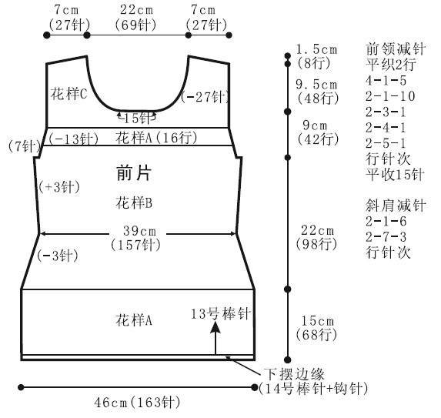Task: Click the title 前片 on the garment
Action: coord(134,172)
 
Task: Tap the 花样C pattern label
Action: coord(69,93)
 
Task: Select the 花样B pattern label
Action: coord(134,202)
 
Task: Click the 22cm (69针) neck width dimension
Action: coord(135,18)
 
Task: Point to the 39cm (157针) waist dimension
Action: coord(135,238)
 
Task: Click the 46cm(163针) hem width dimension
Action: coord(137,403)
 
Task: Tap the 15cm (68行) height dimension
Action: coord(316,328)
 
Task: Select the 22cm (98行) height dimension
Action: coord(316,237)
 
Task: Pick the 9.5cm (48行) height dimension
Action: coord(317,92)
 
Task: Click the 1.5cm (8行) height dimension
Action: coord(316,56)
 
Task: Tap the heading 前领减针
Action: coord(396,49)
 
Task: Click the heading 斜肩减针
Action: coord(396,206)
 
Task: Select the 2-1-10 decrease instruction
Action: coord(390,96)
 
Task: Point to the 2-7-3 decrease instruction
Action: coord(386,237)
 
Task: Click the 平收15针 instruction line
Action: coord(395,175)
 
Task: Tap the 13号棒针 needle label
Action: coord(221,313)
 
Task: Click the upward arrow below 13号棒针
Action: coord(215,338)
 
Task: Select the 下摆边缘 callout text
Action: coord(294,374)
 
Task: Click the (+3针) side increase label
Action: coord(59,187)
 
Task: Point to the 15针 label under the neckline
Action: coord(137,119)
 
